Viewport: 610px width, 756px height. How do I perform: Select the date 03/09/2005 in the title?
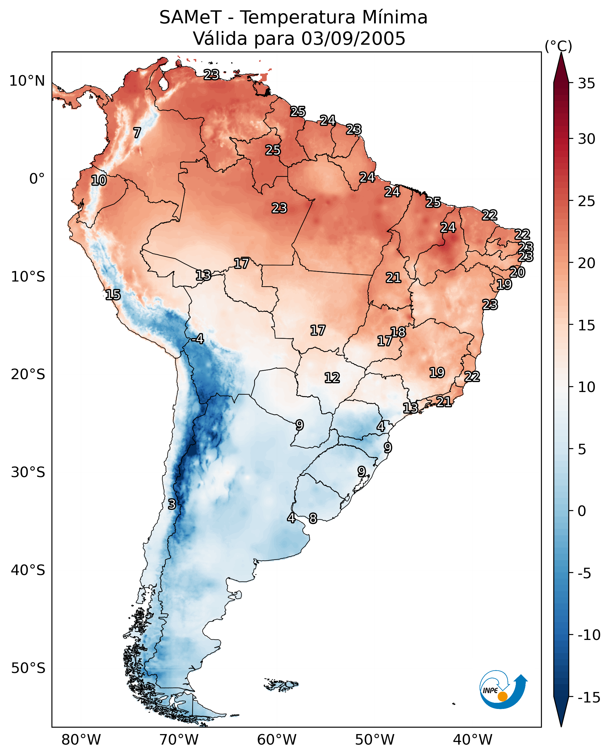pyautogui.click(x=353, y=39)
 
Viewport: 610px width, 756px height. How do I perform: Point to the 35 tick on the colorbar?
pyautogui.click(x=586, y=84)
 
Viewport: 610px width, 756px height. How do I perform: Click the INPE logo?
pyautogui.click(x=503, y=691)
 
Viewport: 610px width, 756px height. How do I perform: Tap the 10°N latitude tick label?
pyautogui.click(x=27, y=81)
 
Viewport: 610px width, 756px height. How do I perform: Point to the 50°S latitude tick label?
pyautogui.click(x=28, y=668)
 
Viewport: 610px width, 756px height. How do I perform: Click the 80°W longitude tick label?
pyautogui.click(x=81, y=740)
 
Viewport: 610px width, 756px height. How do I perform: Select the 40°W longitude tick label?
pyautogui.click(x=473, y=740)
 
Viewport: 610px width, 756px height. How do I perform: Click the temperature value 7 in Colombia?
pyautogui.click(x=137, y=133)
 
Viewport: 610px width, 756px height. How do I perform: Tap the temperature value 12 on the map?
pyautogui.click(x=332, y=378)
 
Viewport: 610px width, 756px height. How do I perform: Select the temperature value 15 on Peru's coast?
pyautogui.click(x=113, y=295)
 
